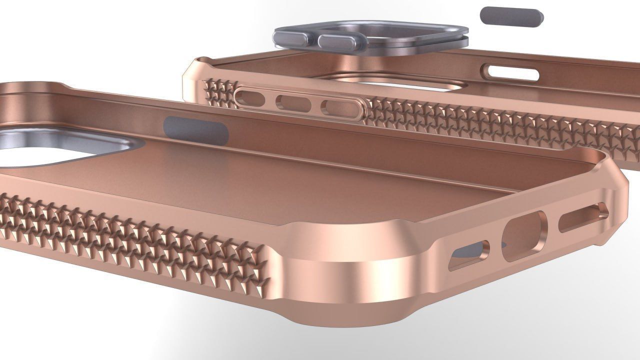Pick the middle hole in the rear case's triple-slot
[293, 102]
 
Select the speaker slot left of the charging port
[470, 255]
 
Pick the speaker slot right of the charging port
[582, 216]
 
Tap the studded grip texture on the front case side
[135, 235]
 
